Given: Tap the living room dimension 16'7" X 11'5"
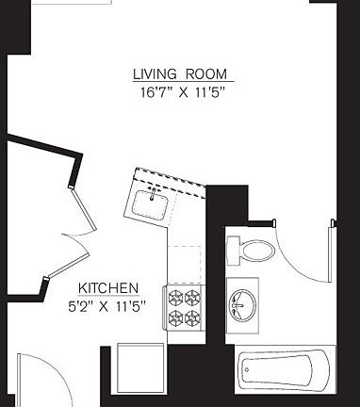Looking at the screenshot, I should [x=180, y=92].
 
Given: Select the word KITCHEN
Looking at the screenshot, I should [x=109, y=287].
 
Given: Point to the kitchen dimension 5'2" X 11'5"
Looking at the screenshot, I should [x=109, y=304].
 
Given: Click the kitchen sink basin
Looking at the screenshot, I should [x=151, y=203].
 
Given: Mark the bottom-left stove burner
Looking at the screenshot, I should [x=174, y=317].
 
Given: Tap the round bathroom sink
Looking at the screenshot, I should [x=244, y=303].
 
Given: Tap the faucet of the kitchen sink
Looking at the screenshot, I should [x=151, y=192].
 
